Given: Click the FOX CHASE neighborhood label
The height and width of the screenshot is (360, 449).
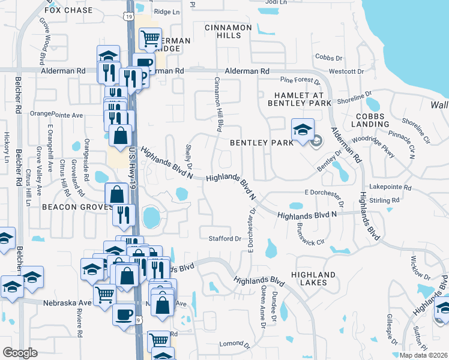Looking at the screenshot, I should pyautogui.click(x=69, y=10).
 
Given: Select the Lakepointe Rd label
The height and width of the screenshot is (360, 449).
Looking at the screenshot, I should pyautogui.click(x=391, y=187).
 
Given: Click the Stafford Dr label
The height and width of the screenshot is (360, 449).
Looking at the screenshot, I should pyautogui.click(x=224, y=239).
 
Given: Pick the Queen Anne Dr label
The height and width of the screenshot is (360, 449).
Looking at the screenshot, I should pyautogui.click(x=262, y=307).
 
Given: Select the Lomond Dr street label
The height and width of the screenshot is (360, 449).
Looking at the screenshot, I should pyautogui.click(x=235, y=344).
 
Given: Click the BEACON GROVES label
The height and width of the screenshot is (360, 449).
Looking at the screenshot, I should pyautogui.click(x=77, y=207).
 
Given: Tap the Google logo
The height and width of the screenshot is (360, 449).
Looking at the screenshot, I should pyautogui.click(x=20, y=353).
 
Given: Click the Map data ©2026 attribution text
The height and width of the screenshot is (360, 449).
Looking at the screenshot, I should pyautogui.click(x=424, y=355).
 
